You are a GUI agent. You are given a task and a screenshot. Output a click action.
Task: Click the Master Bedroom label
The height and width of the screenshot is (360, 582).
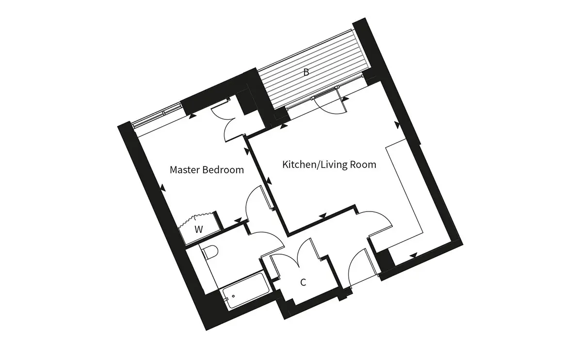pyautogui.click(x=207, y=170)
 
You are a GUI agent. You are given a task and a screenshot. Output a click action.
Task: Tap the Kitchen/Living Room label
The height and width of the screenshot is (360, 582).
pyautogui.click(x=329, y=165)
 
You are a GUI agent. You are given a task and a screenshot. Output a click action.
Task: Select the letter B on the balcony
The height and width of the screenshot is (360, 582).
pyautogui.click(x=307, y=72)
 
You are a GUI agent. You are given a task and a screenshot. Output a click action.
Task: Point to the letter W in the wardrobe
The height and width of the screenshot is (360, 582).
pyautogui.click(x=199, y=229)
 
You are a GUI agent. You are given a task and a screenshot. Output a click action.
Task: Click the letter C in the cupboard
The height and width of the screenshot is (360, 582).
pyautogui.click(x=303, y=282)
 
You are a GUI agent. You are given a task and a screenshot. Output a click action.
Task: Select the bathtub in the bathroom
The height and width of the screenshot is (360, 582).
pyautogui.click(x=245, y=290)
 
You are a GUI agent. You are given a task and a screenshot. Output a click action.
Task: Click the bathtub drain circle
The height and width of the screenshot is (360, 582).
pyautogui.click(x=234, y=296)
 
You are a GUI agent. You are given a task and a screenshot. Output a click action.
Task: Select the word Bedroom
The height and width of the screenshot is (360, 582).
pyautogui.click(x=223, y=170)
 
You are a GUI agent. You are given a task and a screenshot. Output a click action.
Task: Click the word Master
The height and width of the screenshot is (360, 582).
pyautogui.click(x=185, y=170)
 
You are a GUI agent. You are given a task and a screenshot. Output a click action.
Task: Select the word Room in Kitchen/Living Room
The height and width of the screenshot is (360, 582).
pyautogui.click(x=363, y=165)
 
